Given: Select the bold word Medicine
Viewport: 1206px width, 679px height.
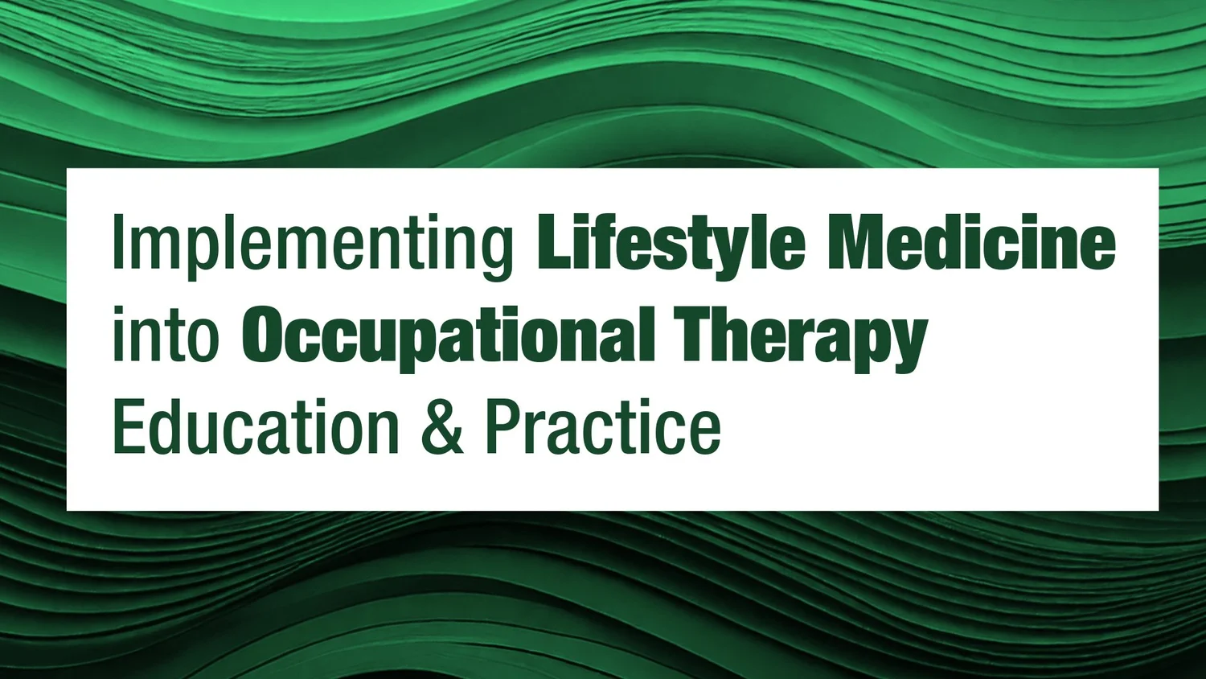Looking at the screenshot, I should click(x=971, y=243).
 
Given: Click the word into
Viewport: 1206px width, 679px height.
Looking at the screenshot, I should click(x=166, y=335).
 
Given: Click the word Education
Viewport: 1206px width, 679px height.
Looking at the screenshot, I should click(x=256, y=426).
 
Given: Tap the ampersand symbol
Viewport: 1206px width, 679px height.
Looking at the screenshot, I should click(x=442, y=426).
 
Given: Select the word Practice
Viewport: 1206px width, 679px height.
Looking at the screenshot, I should click(x=603, y=426).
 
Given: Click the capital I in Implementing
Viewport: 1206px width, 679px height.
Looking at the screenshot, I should click(x=117, y=243).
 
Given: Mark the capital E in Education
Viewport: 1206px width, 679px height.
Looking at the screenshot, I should click(x=129, y=426).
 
